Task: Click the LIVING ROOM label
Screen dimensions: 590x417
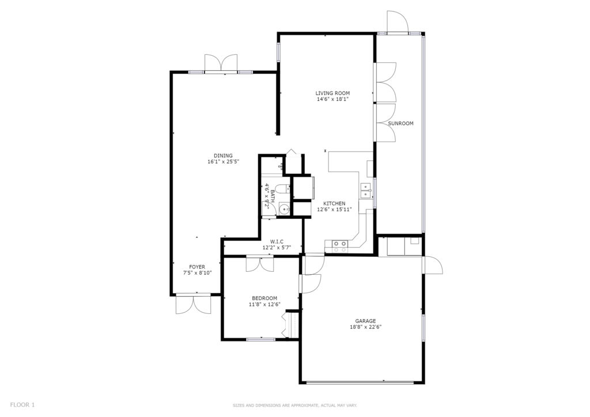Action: (332, 93)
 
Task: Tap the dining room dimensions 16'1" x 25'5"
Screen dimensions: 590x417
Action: (224, 162)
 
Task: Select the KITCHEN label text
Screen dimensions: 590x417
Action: (334, 203)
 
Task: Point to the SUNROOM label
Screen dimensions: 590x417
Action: (401, 123)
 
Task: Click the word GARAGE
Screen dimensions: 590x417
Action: (366, 321)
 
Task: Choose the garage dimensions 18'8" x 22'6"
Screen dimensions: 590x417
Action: (366, 327)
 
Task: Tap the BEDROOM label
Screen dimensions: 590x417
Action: (264, 298)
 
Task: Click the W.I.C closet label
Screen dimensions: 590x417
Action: (277, 242)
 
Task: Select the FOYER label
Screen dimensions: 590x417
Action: (197, 267)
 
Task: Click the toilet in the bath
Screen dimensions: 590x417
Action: (281, 188)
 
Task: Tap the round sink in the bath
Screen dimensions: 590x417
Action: (284, 210)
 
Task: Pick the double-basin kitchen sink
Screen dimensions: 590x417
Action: (366, 190)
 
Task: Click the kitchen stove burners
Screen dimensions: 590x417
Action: (340, 247)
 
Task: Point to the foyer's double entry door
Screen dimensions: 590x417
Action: (193, 304)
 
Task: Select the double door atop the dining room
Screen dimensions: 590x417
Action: (221, 63)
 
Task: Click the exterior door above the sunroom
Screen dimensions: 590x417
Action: (398, 22)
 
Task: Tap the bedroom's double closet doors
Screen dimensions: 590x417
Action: (260, 264)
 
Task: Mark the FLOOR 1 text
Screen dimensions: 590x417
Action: (22, 405)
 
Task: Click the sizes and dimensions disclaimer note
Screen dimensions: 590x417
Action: (294, 405)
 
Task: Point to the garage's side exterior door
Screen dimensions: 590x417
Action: (433, 265)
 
